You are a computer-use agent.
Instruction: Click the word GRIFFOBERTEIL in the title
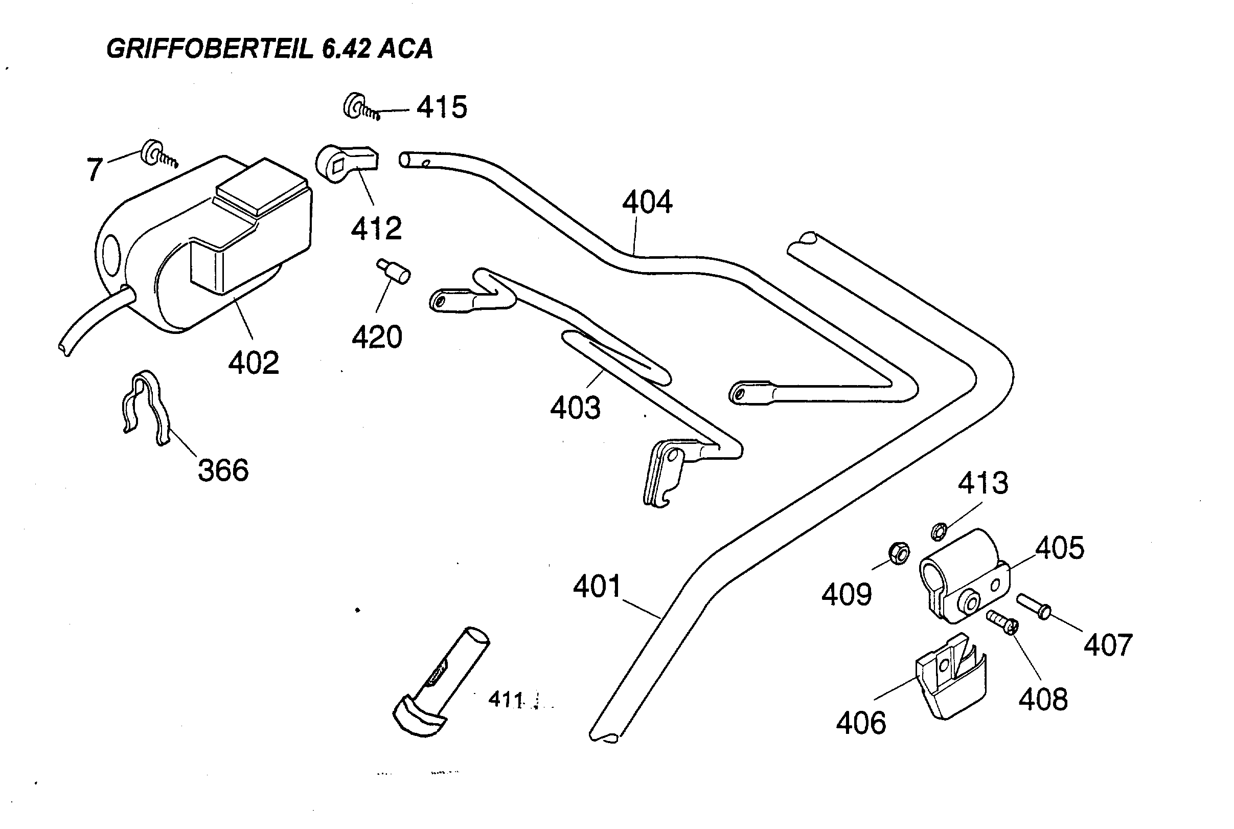coord(209,49)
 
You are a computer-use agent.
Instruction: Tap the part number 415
coord(442,107)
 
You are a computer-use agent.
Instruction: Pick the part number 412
coord(376,229)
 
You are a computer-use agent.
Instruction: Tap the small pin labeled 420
coord(394,271)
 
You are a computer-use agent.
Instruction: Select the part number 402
coord(253,363)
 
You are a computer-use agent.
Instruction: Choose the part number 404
coord(647,202)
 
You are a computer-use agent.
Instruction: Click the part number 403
coord(575,408)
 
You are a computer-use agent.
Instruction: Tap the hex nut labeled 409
coord(899,553)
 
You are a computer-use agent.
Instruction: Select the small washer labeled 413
coord(939,531)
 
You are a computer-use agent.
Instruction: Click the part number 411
coord(505,700)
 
